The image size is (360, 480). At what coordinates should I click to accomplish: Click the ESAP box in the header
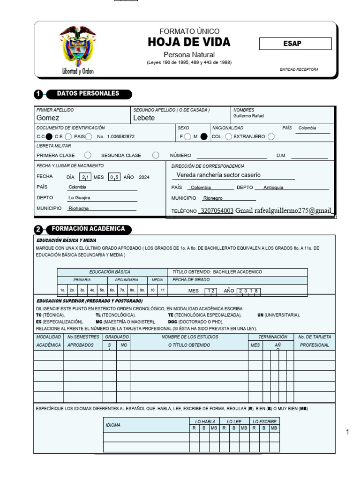(x=295, y=44)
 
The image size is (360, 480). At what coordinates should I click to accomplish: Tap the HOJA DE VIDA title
(x=189, y=42)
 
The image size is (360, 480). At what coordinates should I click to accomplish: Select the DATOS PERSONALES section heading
(x=88, y=94)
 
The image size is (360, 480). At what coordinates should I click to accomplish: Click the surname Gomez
(x=48, y=118)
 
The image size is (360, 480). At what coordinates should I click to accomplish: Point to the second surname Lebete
(x=144, y=118)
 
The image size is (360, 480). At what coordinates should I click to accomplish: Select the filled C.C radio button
(x=49, y=136)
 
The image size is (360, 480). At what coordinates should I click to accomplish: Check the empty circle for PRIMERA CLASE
(x=88, y=155)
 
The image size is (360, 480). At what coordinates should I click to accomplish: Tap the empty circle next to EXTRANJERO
(x=271, y=136)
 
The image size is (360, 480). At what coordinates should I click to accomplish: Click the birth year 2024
(x=144, y=177)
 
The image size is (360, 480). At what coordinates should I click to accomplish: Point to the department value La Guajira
(x=79, y=198)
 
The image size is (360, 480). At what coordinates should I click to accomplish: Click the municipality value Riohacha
(x=78, y=208)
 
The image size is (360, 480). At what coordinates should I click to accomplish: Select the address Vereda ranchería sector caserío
(x=218, y=175)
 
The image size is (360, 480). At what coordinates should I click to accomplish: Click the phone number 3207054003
(x=217, y=211)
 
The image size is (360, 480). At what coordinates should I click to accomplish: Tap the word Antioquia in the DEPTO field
(x=273, y=187)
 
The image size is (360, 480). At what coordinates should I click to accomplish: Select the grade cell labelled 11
(x=162, y=290)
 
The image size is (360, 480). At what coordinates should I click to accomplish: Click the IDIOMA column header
(x=113, y=425)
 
